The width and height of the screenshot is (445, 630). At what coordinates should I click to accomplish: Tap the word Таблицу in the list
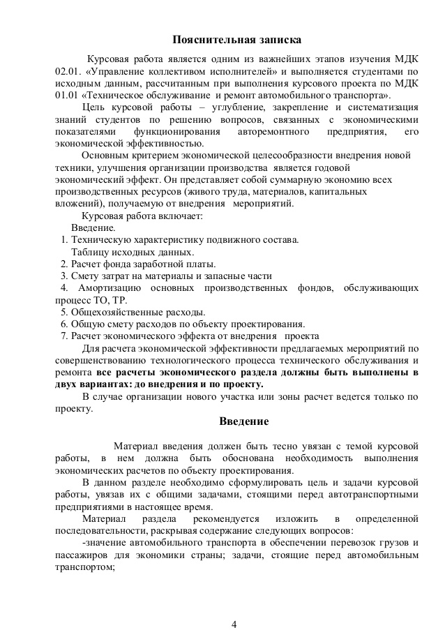(x=89, y=252)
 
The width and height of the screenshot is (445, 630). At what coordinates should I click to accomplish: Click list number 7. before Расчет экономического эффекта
(x=63, y=336)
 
